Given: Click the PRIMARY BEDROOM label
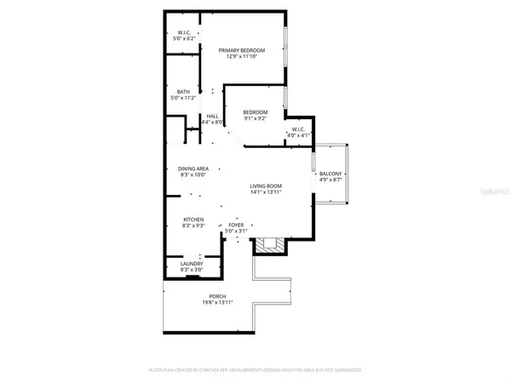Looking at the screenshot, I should pyautogui.click(x=242, y=51).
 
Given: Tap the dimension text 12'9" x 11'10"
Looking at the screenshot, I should pyautogui.click(x=242, y=58).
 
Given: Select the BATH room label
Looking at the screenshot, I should pyautogui.click(x=183, y=91).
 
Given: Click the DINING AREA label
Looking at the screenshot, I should pyautogui.click(x=193, y=169).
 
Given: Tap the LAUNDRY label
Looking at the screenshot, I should pyautogui.click(x=192, y=264).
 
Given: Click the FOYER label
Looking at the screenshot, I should pyautogui.click(x=235, y=225).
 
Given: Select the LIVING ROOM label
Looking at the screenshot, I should pyautogui.click(x=266, y=186).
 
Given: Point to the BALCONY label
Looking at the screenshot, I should pyautogui.click(x=330, y=174).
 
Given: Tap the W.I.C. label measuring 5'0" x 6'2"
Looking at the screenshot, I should pyautogui.click(x=184, y=34).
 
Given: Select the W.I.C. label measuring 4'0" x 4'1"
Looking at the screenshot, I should pyautogui.click(x=301, y=129).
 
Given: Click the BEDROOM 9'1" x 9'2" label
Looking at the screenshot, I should pyautogui.click(x=255, y=112).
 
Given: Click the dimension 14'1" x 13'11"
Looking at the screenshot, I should pyautogui.click(x=266, y=192).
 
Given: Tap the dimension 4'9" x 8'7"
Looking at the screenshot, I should pyautogui.click(x=330, y=180).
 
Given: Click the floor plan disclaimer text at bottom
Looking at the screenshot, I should pyautogui.click(x=255, y=371).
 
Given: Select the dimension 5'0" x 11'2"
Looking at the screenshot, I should pyautogui.click(x=183, y=98).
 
